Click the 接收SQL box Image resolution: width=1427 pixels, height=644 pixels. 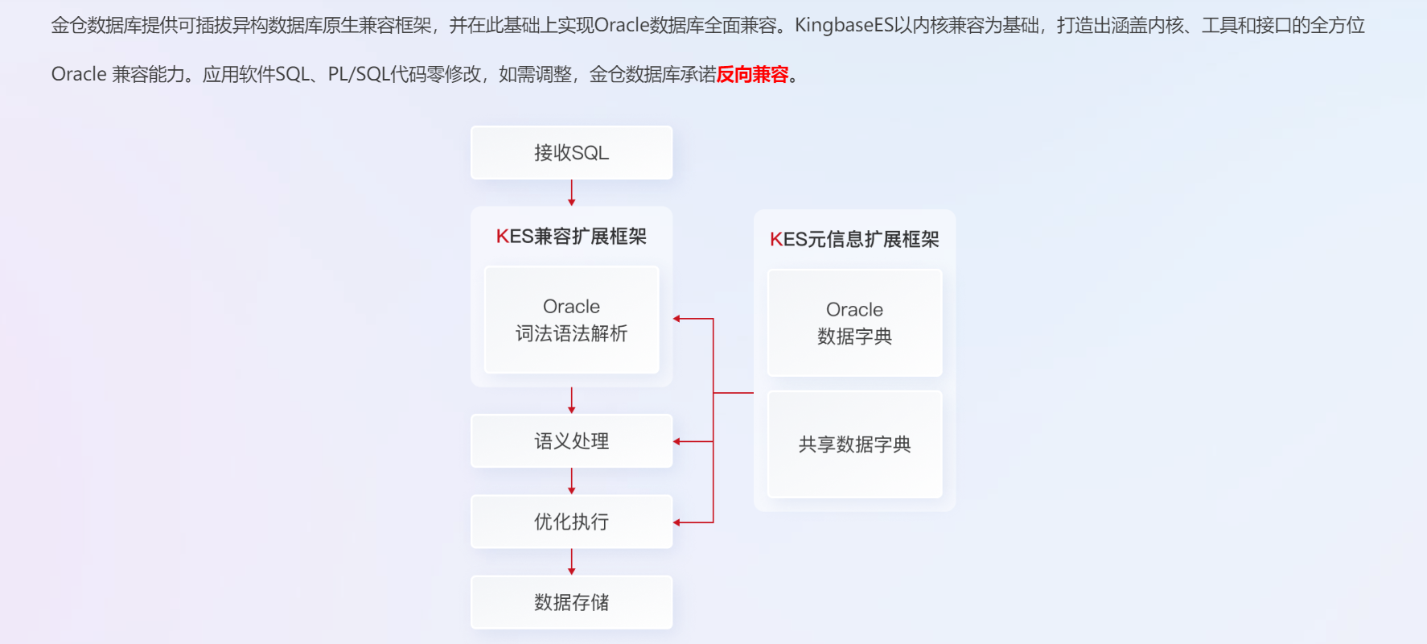click(x=571, y=152)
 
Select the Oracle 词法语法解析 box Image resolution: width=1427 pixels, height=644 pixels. click(x=571, y=320)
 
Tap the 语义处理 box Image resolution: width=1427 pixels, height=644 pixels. click(x=571, y=441)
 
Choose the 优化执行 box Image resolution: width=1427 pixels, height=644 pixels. click(x=571, y=522)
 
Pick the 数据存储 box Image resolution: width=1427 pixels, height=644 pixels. click(x=571, y=602)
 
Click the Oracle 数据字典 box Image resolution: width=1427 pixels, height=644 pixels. click(x=854, y=323)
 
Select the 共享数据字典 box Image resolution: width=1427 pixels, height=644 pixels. click(x=854, y=444)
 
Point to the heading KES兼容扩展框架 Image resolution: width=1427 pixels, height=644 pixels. click(x=571, y=237)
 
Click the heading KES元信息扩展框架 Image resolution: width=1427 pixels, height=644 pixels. click(x=854, y=240)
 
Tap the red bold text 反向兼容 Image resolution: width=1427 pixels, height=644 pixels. click(x=752, y=75)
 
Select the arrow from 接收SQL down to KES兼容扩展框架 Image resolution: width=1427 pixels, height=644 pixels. click(x=572, y=193)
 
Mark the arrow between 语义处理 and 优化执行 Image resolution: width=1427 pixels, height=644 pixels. click(x=572, y=481)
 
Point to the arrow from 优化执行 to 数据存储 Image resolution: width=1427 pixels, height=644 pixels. click(x=572, y=562)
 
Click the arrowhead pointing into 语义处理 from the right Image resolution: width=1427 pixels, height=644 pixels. click(x=677, y=441)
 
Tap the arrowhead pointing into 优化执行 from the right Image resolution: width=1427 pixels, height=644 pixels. click(x=677, y=522)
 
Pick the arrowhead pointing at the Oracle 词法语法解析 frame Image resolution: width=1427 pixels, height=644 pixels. click(x=677, y=319)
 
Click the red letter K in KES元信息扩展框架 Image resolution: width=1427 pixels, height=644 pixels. click(x=775, y=240)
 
